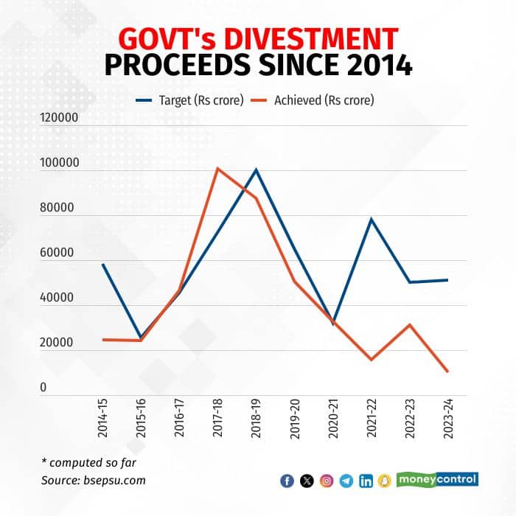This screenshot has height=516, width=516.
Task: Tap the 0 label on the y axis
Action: coord(43,388)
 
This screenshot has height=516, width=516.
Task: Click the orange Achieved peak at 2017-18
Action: coord(217,169)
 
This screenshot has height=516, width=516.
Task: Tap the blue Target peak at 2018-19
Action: coord(256,170)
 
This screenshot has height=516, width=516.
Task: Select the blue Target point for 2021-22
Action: coord(371,219)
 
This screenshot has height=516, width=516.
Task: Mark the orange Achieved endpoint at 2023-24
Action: coord(447,372)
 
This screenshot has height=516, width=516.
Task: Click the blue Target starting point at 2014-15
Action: coord(103,264)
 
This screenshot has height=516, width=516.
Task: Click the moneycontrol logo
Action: coord(437,479)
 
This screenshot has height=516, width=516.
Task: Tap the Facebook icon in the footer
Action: coord(287,481)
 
